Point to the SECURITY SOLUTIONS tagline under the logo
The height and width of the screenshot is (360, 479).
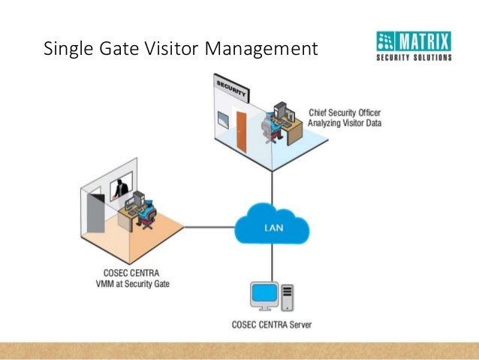[414, 57]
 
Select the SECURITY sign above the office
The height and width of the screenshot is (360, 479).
[231, 88]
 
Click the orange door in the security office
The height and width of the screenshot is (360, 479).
[241, 132]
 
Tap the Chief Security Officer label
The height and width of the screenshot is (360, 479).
[345, 113]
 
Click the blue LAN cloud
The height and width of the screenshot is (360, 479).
[272, 224]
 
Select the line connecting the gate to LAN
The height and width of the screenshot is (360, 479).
[209, 227]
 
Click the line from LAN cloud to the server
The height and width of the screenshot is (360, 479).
[272, 262]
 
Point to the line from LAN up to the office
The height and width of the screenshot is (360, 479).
[272, 187]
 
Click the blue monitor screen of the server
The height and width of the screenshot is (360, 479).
[264, 292]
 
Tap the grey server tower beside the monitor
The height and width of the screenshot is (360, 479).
[287, 298]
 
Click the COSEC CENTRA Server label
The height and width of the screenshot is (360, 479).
[272, 325]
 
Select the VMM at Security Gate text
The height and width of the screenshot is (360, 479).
[133, 284]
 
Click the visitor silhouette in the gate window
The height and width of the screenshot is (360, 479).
[122, 189]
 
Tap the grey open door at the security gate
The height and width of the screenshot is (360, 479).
[95, 213]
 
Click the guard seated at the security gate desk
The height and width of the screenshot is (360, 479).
[147, 213]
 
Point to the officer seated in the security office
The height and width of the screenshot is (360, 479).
[270, 127]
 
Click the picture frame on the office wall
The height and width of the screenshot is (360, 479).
[223, 120]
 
